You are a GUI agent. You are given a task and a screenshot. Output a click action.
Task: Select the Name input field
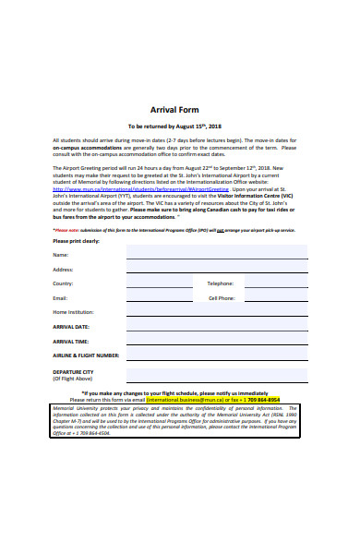(217, 253)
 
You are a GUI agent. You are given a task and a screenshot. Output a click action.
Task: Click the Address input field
(217, 268)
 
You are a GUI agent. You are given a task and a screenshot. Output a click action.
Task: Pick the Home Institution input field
(217, 312)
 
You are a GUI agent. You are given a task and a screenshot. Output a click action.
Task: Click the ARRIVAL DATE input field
(217, 326)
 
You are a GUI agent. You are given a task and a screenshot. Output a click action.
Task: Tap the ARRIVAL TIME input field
(217, 341)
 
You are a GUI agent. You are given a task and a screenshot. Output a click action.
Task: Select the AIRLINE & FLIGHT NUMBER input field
(217, 355)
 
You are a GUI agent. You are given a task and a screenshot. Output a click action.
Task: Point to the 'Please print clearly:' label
(76, 240)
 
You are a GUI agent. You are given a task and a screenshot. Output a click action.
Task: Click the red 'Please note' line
(174, 229)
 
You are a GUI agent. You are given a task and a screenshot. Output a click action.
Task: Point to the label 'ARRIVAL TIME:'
(71, 341)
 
